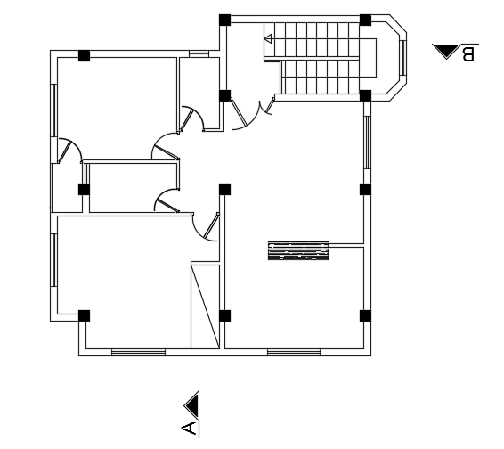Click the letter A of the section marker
pos(190,429)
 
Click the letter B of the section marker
pos(468,54)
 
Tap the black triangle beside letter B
pos(444,51)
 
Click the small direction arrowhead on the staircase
pos(268,38)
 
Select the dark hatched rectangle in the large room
pos(297,251)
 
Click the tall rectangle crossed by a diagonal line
pos(205,306)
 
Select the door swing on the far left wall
pos(68,151)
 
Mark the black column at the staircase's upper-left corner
pos(224,20)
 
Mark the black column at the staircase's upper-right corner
pos(365,20)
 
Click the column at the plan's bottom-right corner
pos(365,315)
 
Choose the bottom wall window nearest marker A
pos(138,353)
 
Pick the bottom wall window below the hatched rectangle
pos(294,353)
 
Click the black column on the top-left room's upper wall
pos(84,55)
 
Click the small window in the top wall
pos(199,53)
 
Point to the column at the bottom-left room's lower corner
pos(84,315)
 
